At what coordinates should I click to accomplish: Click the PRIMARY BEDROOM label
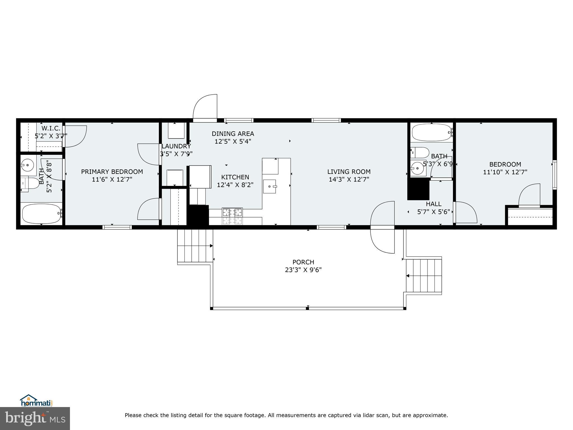click(112, 172)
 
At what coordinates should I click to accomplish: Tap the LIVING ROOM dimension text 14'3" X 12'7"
click(349, 179)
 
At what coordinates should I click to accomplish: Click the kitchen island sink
click(269, 186)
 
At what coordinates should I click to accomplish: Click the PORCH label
click(303, 262)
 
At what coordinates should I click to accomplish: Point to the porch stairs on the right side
click(424, 276)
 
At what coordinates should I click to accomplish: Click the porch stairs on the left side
click(195, 246)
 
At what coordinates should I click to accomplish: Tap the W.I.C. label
click(51, 128)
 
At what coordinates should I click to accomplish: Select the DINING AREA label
click(233, 134)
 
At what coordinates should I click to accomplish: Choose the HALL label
click(434, 204)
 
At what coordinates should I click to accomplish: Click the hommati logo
click(36, 401)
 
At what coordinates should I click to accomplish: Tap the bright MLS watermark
click(35, 418)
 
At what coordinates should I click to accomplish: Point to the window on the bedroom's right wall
click(554, 175)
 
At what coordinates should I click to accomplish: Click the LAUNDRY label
click(176, 146)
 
